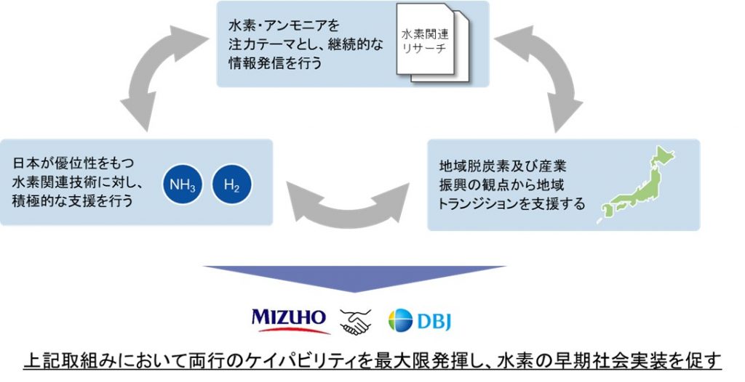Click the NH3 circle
[183, 184]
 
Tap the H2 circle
[232, 184]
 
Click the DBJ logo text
[434, 321]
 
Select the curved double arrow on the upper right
[541, 76]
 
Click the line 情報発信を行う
[275, 63]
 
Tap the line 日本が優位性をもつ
[73, 163]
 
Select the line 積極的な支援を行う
[72, 200]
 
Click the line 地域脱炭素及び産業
[503, 166]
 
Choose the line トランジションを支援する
[511, 204]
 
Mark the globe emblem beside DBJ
[400, 320]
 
